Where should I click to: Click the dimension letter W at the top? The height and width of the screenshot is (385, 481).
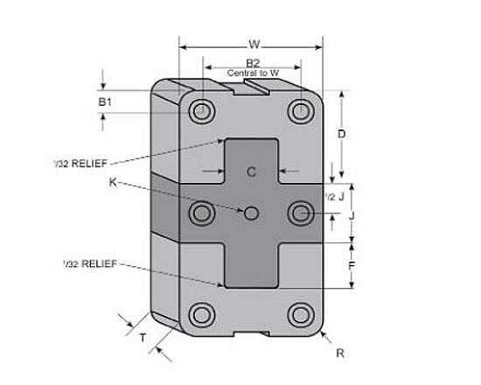(253, 43)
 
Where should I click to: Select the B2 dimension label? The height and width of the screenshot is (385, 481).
(253, 63)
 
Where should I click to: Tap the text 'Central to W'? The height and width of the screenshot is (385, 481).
(253, 73)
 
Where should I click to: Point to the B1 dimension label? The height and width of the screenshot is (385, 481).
(105, 102)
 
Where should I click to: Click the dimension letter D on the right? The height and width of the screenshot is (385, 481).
(342, 134)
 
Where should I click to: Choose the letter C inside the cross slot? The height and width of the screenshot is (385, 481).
(251, 171)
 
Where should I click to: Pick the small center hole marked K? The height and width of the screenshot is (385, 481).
(252, 213)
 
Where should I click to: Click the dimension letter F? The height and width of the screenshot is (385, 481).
(352, 263)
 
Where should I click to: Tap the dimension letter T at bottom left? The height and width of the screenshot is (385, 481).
(143, 335)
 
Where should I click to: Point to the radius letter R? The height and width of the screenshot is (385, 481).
(340, 353)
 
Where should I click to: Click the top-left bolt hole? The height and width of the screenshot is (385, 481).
(203, 111)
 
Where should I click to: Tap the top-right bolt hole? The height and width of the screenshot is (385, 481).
(302, 111)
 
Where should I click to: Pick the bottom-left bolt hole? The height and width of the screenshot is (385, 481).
(203, 313)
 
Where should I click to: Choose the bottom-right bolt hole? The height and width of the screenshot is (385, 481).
(302, 313)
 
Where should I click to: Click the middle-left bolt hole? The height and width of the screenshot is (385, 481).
(203, 213)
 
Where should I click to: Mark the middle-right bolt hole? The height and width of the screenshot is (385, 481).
(302, 213)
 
